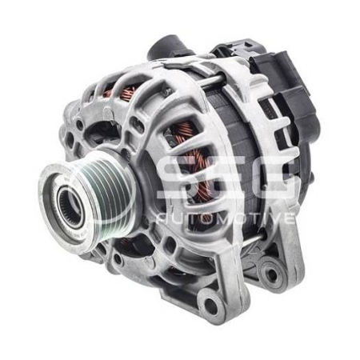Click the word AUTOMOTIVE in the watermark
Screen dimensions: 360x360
point(228,218)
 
